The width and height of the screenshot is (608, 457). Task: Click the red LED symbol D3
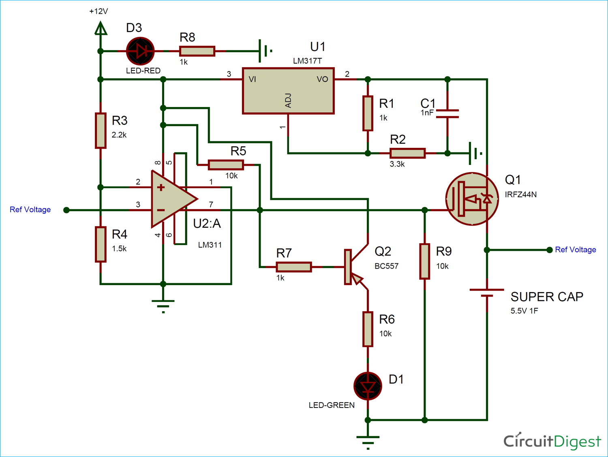pyautogui.click(x=140, y=51)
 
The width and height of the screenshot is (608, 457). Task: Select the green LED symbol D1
pyautogui.click(x=368, y=386)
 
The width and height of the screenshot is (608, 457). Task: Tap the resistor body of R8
pyautogui.click(x=197, y=51)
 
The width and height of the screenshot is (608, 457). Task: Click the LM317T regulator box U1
pyautogui.click(x=288, y=91)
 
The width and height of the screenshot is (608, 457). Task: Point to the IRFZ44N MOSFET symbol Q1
pyautogui.click(x=472, y=199)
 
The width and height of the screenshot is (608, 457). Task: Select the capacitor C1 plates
pyautogui.click(x=447, y=114)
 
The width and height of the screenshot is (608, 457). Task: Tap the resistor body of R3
pyautogui.click(x=101, y=130)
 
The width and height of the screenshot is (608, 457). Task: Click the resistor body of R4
pyautogui.click(x=101, y=244)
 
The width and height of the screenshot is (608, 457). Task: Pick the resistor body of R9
pyautogui.click(x=424, y=261)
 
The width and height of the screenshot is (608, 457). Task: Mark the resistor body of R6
pyautogui.click(x=368, y=329)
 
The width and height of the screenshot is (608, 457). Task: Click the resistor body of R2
pyautogui.click(x=407, y=153)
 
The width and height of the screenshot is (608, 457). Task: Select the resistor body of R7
pyautogui.click(x=293, y=267)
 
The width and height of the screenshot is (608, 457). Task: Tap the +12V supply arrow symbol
pyautogui.click(x=101, y=29)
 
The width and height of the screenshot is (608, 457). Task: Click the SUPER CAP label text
pyautogui.click(x=546, y=297)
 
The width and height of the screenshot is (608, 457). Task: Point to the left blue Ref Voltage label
pyautogui.click(x=30, y=209)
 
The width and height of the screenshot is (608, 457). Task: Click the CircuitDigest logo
pyautogui.click(x=552, y=441)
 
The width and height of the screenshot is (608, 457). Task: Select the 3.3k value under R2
pyautogui.click(x=397, y=164)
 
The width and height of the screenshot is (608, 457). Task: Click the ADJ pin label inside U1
pyautogui.click(x=288, y=100)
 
